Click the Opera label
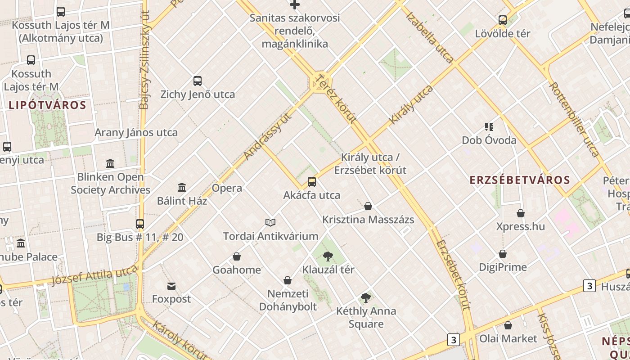227,188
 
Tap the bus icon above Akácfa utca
312,182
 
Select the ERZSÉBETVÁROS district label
520,180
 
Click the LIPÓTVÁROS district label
47,105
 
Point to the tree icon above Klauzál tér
328,256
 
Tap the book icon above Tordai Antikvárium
270,222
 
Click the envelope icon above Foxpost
171,286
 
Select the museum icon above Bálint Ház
182,187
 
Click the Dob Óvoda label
489,140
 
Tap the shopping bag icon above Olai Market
508,325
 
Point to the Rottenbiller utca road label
574,119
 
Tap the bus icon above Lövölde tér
503,20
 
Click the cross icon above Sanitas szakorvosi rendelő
295,5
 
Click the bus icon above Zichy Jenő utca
198,81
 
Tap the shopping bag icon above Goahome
237,257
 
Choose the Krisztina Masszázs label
368,220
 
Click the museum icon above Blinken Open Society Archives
110,163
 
